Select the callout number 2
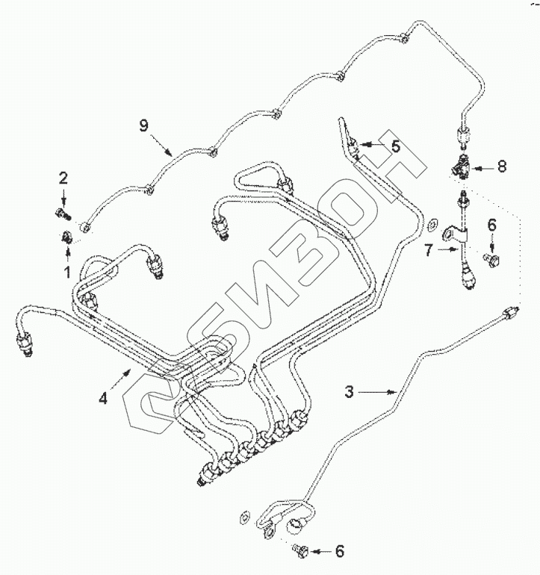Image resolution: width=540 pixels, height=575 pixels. tap(63, 177)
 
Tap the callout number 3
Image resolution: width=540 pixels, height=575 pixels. tap(349, 390)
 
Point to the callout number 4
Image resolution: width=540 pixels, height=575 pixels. tap(104, 398)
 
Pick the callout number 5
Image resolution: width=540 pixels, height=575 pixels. tap(396, 146)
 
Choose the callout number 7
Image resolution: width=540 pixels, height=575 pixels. tap(429, 250)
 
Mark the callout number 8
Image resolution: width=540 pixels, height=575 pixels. tap(501, 167)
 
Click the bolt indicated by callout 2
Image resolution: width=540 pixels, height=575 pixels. tap(62, 217)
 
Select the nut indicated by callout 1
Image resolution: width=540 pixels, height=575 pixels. tap(65, 237)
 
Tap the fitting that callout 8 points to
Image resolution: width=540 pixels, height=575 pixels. tap(460, 166)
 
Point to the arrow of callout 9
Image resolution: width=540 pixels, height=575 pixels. tap(163, 143)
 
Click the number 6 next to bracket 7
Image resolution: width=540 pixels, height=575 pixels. tap(492, 223)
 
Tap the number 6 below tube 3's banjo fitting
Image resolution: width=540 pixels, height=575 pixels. tap(340, 551)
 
